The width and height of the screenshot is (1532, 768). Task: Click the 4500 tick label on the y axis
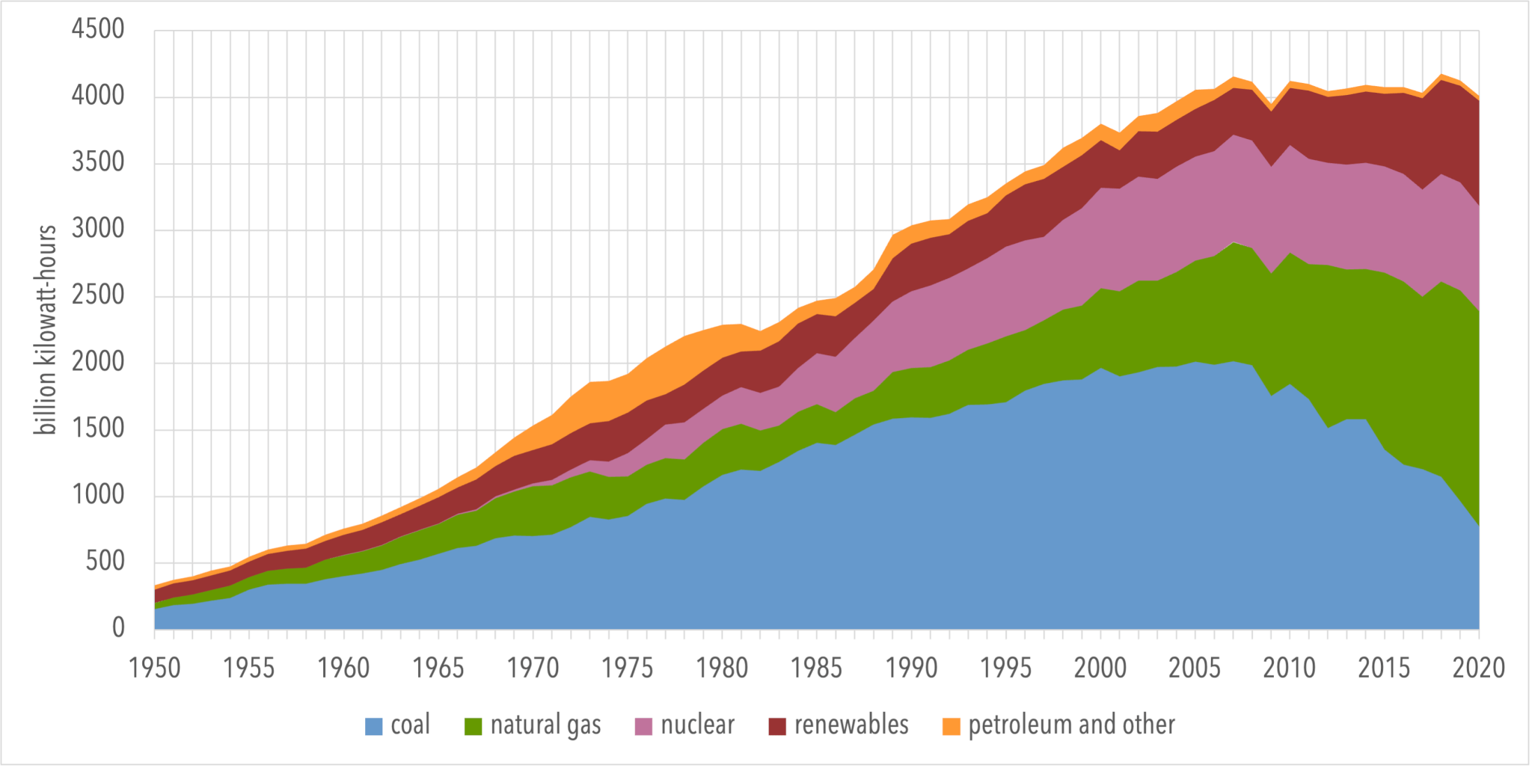[97, 29]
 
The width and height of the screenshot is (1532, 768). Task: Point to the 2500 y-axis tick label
[97, 295]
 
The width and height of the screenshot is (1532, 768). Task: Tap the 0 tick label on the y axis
[118, 627]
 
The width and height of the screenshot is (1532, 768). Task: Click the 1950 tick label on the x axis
[155, 668]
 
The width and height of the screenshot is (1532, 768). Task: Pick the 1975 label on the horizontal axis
[628, 668]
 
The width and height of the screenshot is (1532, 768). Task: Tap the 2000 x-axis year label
[1100, 668]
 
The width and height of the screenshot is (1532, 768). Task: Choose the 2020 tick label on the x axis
[1478, 668]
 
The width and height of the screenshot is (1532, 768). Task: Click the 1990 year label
[911, 668]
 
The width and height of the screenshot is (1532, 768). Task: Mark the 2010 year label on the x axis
[1289, 668]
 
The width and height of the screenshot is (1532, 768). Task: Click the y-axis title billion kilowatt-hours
[46, 329]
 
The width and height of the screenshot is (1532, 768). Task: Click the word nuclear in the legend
[697, 725]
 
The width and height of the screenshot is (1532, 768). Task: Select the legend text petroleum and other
[1071, 725]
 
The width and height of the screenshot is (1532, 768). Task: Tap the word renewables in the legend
[851, 725]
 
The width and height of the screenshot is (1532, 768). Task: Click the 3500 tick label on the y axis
[97, 162]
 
